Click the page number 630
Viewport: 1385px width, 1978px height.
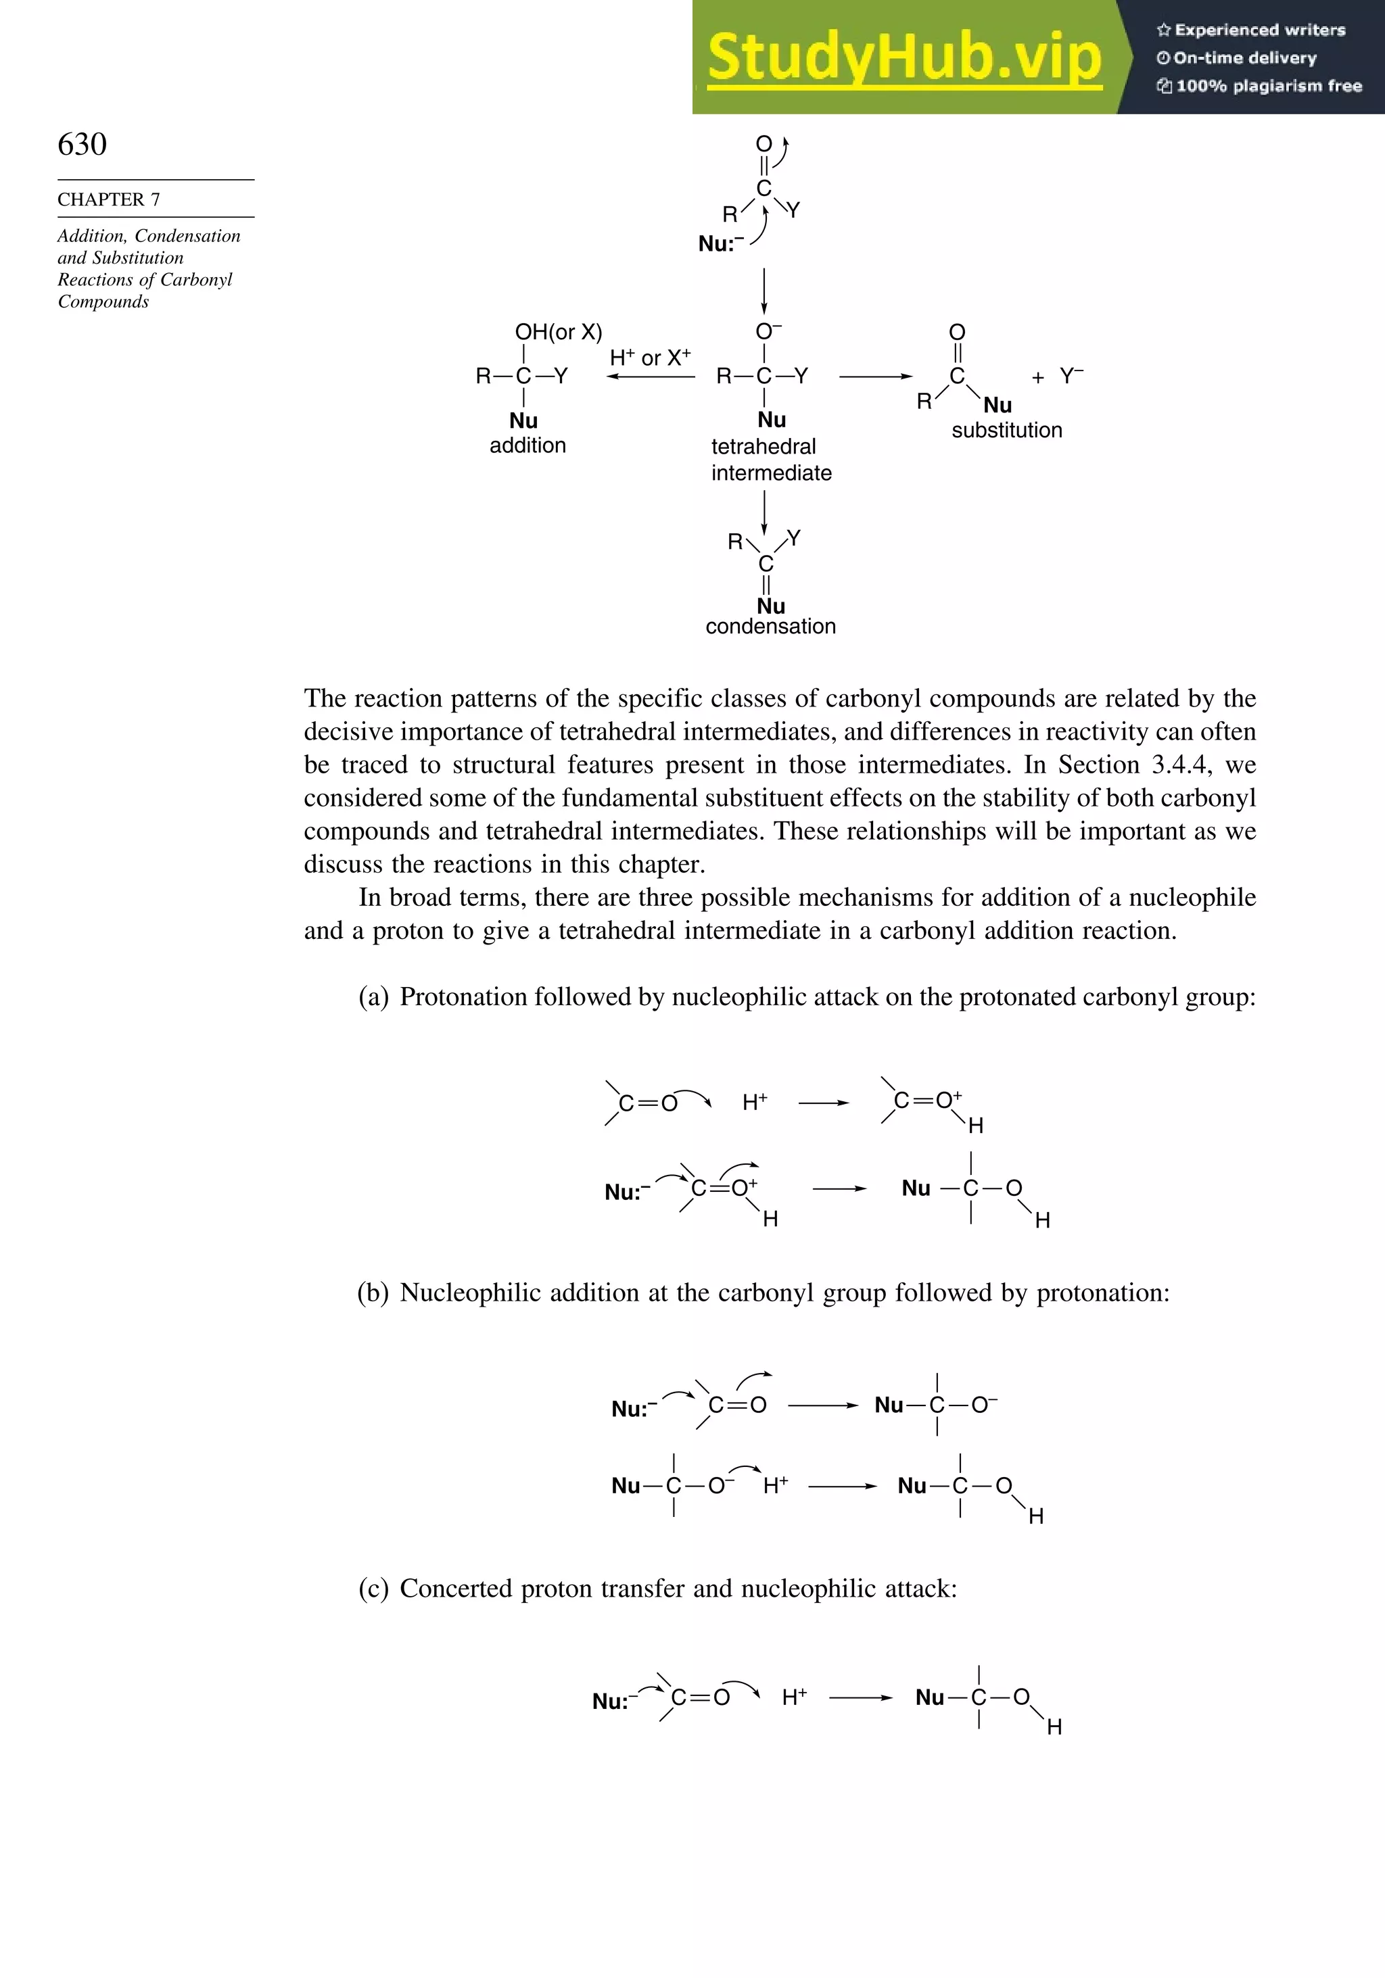pos(82,144)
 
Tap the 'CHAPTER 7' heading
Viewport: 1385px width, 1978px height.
pos(109,199)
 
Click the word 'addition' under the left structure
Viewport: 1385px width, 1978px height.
pos(527,445)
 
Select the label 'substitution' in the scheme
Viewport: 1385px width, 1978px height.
pos(1007,430)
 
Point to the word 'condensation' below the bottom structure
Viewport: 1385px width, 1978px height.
pos(770,626)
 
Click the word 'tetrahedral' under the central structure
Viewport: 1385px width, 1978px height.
pos(763,446)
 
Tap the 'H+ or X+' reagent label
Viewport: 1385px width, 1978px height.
pos(650,358)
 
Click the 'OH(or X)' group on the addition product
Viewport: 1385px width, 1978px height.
pos(559,332)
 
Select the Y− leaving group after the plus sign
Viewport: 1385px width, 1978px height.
pos(1071,377)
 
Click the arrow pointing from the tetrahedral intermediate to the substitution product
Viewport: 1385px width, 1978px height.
pos(875,377)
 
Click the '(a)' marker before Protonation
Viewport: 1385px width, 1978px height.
pos(373,996)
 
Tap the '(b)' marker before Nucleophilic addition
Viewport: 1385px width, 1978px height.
pos(373,1293)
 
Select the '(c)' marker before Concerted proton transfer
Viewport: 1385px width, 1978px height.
pos(373,1588)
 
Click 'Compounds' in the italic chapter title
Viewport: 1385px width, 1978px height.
pos(103,301)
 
